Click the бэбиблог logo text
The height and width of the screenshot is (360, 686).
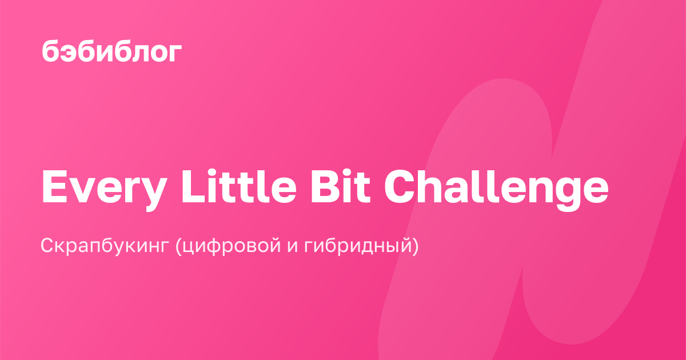(x=112, y=50)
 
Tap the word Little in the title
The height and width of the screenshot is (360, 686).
(x=239, y=186)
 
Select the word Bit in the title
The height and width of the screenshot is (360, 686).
(x=341, y=186)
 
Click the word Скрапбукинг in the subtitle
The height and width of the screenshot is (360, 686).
(x=105, y=246)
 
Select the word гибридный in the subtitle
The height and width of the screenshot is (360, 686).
(x=358, y=246)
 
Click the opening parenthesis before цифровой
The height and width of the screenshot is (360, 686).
(x=178, y=246)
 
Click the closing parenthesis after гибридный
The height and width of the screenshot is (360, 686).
(x=415, y=246)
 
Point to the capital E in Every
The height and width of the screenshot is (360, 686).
(x=54, y=186)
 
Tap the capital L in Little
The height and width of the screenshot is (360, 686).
(x=193, y=186)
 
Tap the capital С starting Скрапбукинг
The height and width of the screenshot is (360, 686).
(x=48, y=245)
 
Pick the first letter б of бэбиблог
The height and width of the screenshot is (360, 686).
(x=50, y=50)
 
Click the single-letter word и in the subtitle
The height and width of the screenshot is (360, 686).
(x=293, y=247)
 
